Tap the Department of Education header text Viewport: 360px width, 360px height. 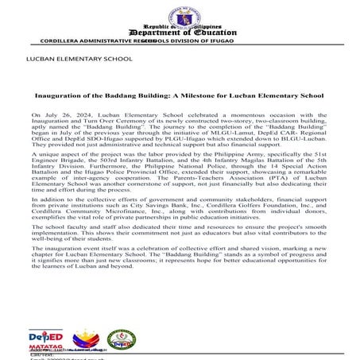click(x=180, y=30)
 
